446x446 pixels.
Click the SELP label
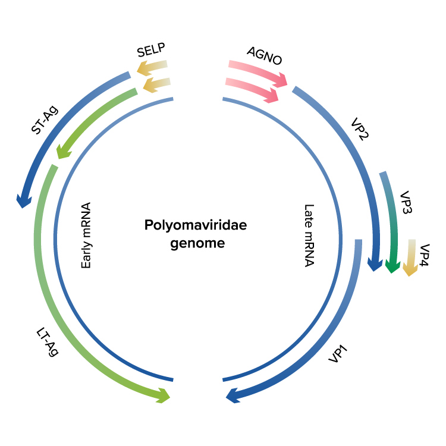coord(150,51)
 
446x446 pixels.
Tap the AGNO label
coord(264,56)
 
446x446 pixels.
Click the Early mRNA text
coord(86,235)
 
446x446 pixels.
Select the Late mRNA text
coord(309,235)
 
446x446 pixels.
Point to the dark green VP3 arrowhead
coord(391,266)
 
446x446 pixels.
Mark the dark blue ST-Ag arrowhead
coord(23,201)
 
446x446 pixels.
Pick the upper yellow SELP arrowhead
coord(143,69)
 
